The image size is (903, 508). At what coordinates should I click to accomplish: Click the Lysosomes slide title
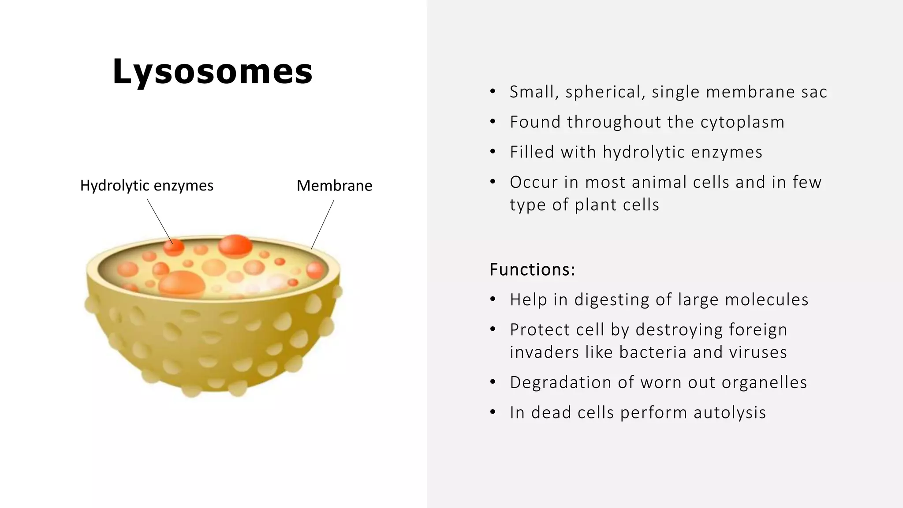213,71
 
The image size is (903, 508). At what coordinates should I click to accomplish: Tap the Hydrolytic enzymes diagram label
146,186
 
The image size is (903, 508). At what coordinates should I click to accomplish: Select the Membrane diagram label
334,186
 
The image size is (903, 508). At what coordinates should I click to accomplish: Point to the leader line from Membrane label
322,225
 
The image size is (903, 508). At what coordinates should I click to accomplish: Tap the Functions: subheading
532,269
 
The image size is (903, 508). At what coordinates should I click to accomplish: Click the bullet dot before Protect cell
493,329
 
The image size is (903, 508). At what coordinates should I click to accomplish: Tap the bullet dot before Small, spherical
493,92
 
